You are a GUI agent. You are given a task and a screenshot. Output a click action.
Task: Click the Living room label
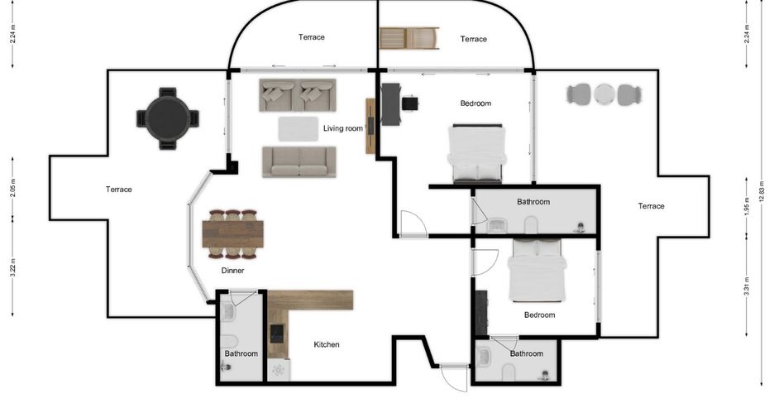(343, 128)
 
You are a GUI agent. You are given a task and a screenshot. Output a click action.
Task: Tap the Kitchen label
(327, 344)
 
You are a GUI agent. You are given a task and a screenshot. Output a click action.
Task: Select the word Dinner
(232, 271)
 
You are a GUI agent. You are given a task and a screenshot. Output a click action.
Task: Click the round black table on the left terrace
(168, 118)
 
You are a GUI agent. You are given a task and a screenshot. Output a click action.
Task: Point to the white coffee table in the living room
(299, 129)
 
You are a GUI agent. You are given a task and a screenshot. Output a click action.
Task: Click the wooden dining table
(232, 233)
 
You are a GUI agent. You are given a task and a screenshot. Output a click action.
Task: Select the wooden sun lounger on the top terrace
(409, 38)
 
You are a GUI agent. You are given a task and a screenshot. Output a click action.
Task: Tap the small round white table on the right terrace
(604, 94)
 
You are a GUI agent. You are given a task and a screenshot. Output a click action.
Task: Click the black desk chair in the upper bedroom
(410, 103)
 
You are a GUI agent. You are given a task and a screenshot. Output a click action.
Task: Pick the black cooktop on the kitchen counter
(277, 334)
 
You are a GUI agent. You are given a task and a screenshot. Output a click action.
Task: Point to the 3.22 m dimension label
(13, 267)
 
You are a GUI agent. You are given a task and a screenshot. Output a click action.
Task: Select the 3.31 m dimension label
(747, 286)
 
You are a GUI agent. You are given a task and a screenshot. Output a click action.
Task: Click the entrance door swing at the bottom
(454, 378)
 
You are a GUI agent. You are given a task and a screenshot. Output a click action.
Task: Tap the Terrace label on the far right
(651, 206)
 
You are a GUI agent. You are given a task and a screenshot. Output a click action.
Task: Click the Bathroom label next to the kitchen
(241, 353)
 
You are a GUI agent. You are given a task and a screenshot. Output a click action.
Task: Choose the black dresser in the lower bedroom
(481, 313)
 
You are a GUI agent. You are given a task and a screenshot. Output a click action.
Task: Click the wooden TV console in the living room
(370, 126)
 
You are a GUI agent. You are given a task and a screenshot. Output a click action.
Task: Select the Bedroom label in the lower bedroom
(539, 315)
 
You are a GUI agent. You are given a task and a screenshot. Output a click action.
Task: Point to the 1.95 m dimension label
(747, 206)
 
